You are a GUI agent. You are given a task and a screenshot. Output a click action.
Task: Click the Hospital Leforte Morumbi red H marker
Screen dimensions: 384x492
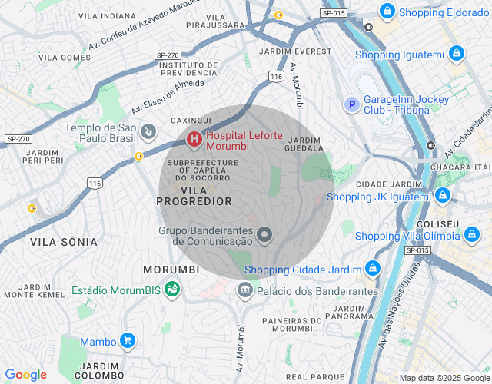pyautogui.click(x=194, y=140)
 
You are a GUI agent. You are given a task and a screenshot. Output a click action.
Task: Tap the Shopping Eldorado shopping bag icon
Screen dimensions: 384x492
pyautogui.click(x=387, y=12)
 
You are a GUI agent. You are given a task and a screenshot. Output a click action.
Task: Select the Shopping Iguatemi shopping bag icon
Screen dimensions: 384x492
pyautogui.click(x=457, y=54)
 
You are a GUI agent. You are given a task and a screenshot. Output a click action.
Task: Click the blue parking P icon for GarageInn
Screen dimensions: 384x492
pyautogui.click(x=351, y=104)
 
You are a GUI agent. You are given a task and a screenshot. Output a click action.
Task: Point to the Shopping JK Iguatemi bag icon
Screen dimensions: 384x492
pyautogui.click(x=442, y=197)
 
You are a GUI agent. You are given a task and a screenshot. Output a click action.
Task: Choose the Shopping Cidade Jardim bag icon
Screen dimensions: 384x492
pyautogui.click(x=373, y=269)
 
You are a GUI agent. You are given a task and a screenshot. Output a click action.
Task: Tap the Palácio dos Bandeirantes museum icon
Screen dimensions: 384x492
pyautogui.click(x=245, y=290)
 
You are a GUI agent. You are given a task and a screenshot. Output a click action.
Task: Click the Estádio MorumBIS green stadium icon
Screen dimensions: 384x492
pyautogui.click(x=172, y=290)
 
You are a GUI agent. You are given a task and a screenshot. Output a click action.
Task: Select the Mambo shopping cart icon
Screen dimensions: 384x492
pyautogui.click(x=128, y=341)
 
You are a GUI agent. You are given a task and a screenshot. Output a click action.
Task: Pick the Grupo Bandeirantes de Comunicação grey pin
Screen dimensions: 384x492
pyautogui.click(x=264, y=235)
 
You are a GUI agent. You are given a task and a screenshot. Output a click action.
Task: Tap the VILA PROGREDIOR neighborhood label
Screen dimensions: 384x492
pyautogui.click(x=194, y=195)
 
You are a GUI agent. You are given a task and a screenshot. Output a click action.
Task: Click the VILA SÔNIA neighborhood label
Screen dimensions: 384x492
pyautogui.click(x=64, y=242)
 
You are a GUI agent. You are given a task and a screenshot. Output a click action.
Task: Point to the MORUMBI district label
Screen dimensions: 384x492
pyautogui.click(x=171, y=270)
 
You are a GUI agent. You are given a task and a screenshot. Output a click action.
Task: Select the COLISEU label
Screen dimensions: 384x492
pyautogui.click(x=440, y=223)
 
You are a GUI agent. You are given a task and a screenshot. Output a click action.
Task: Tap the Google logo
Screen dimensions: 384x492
pyautogui.click(x=25, y=375)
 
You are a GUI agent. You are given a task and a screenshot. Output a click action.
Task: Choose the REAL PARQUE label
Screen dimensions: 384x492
pyautogui.click(x=314, y=377)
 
